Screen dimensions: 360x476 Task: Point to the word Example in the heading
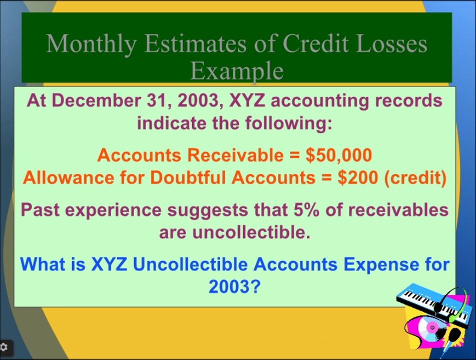237,71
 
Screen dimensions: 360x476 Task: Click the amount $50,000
339,155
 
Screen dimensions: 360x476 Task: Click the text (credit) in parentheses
415,177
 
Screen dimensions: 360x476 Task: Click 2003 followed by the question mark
234,286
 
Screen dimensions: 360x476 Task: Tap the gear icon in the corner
4,346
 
